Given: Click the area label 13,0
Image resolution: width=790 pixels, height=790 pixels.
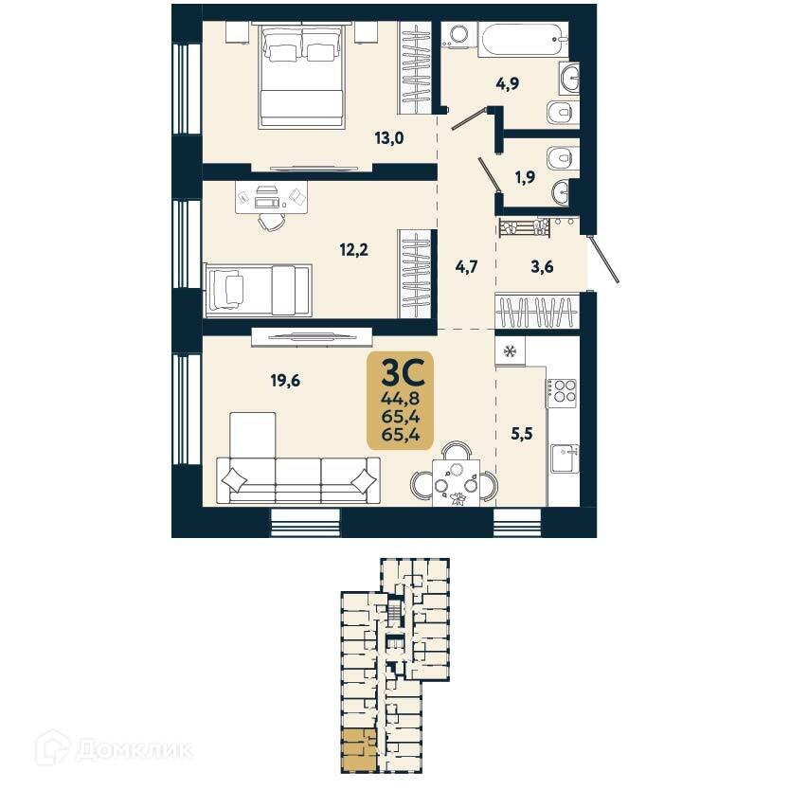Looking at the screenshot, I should tap(388, 137).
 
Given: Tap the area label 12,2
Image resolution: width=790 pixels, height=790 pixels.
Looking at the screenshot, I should tap(354, 252).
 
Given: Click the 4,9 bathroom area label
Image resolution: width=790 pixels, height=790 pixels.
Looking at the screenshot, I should tap(508, 83).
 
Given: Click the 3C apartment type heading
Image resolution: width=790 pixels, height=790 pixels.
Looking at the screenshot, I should tap(400, 368).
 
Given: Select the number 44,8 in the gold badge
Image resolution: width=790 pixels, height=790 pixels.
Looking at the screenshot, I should tap(400, 396).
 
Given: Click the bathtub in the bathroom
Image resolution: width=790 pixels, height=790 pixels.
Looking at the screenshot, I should tap(518, 41).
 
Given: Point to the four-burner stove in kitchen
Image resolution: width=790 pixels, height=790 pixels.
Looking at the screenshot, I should tap(561, 391).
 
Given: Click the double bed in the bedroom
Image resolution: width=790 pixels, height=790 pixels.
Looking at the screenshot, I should tap(301, 75).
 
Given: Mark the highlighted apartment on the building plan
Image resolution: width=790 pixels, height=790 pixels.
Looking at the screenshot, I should tap(359, 749).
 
